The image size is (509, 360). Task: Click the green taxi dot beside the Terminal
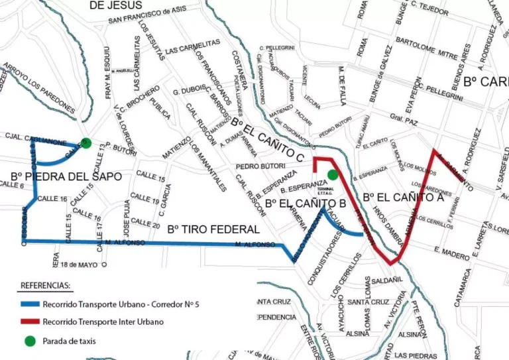(333, 174)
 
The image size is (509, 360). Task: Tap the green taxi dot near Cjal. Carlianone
(85, 142)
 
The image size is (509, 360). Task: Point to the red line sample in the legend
(29, 322)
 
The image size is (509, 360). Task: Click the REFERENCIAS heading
(45, 286)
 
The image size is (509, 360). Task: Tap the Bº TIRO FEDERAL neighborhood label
(213, 229)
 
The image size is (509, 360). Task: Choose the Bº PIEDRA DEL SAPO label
(66, 176)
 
